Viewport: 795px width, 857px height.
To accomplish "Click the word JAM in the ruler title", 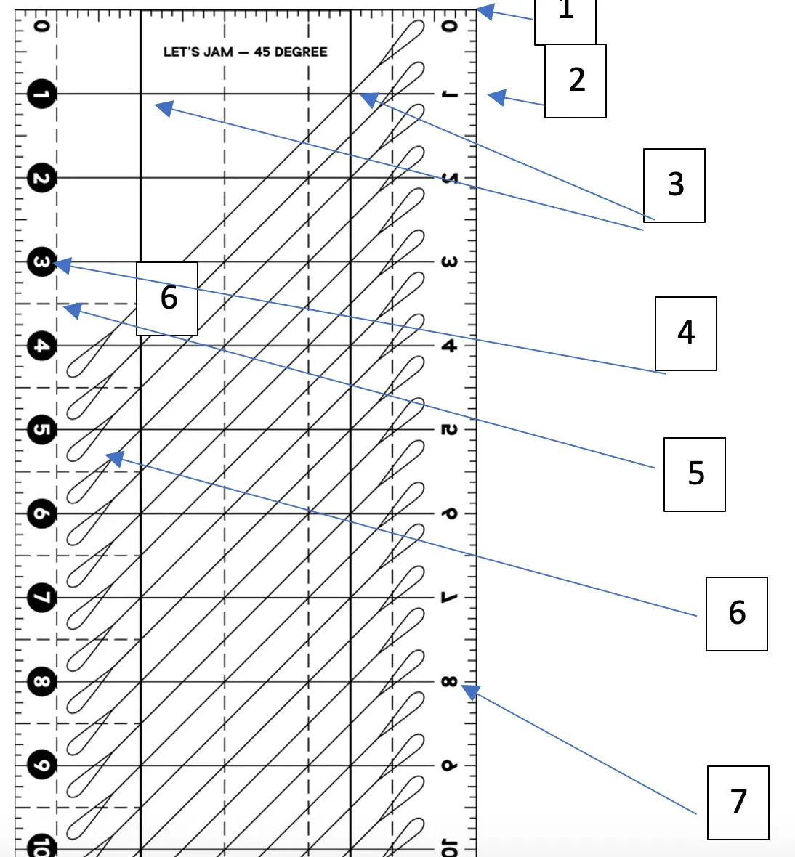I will coord(218,52).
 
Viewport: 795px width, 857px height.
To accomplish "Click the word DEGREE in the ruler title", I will coord(300,52).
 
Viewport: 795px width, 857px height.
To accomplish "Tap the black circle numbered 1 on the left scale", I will coord(41,94).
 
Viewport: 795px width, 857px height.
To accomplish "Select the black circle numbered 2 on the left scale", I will coord(41,179).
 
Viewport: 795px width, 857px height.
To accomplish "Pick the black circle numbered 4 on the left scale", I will coord(41,346).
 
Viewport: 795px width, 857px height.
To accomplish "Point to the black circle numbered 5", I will coord(41,430).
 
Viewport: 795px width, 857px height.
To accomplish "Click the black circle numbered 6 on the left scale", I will coord(41,514).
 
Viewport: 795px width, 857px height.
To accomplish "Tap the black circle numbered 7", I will coord(41,598).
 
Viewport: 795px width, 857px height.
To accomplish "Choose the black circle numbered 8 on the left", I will coord(41,682).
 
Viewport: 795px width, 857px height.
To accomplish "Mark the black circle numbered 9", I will coord(41,765).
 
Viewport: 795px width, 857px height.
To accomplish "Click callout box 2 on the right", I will coord(576,80).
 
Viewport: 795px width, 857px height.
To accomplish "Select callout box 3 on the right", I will coord(674,185).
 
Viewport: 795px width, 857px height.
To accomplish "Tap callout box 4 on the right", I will coord(686,333).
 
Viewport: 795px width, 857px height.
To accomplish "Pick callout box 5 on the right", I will coord(695,474).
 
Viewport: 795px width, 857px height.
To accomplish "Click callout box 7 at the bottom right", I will coord(738,803).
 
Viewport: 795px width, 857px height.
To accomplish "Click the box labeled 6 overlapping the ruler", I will coord(167,298).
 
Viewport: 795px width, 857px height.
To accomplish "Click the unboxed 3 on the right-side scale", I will coord(449,262).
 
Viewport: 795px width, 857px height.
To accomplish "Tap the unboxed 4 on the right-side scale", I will coord(449,346).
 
